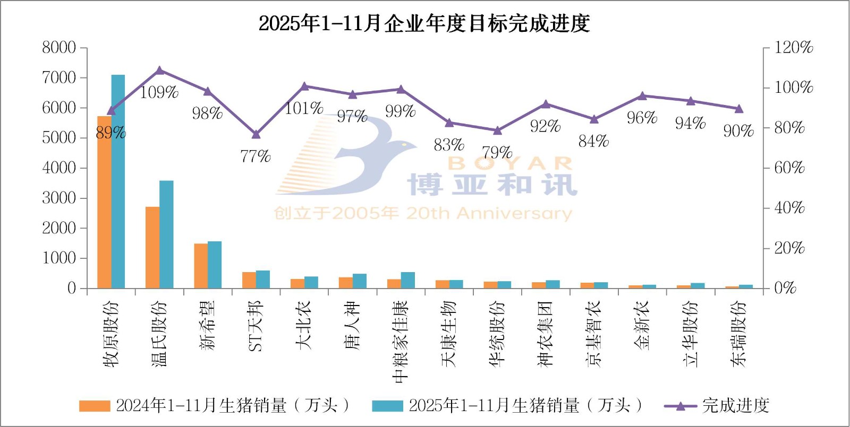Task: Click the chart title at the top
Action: coord(424,24)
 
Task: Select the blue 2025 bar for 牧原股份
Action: coord(118,181)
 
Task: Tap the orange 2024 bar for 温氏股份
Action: coord(152,247)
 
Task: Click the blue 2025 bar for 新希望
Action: coord(215,265)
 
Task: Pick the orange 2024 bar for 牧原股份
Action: coord(104,202)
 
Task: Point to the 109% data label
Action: coord(159,92)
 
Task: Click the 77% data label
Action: coord(256,156)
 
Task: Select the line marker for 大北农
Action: coord(304,86)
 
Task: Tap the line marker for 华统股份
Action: coord(497,130)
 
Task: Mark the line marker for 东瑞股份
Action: coord(738,109)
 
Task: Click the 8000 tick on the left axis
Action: coord(59,48)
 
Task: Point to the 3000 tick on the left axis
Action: coord(59,198)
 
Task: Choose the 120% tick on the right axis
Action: coord(794,48)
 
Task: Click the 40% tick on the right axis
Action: coord(789,208)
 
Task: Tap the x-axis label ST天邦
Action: coord(256,326)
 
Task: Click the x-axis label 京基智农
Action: coord(593,334)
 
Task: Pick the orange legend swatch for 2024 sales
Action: coord(94,406)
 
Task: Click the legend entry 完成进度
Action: coord(736,406)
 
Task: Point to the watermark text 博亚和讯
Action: coord(491,185)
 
